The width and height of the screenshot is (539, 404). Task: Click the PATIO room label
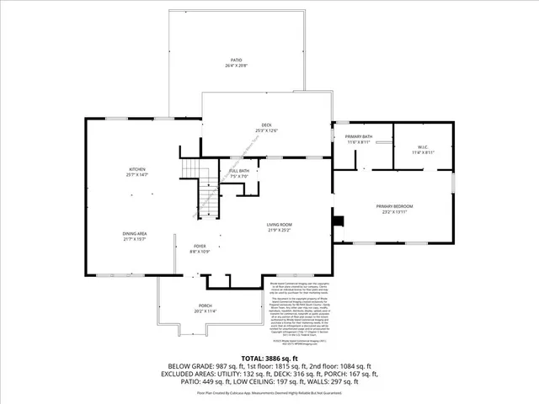pos(237,60)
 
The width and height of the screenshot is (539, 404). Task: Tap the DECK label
pos(265,125)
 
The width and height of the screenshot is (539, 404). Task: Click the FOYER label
pos(200,247)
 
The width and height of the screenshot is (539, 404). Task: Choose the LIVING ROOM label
pos(279,225)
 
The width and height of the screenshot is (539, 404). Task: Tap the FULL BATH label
pos(239,171)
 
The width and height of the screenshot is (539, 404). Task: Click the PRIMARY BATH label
pos(359,136)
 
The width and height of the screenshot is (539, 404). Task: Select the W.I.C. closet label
pos(424,147)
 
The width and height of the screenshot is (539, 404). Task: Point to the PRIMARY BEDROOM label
pos(394,206)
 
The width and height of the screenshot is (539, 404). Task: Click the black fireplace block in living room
pos(338,222)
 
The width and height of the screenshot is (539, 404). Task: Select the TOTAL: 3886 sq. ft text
pos(269,336)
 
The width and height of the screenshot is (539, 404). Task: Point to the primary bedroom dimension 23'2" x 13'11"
pos(394,211)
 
